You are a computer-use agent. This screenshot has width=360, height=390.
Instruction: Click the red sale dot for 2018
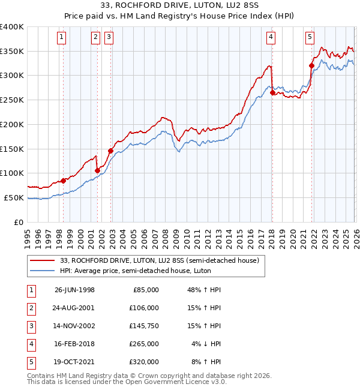[272, 92]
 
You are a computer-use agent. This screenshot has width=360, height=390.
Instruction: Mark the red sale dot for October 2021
[311, 65]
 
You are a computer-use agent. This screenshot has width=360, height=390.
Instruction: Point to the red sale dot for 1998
[63, 181]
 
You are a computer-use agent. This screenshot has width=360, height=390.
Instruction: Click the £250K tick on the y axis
[12, 100]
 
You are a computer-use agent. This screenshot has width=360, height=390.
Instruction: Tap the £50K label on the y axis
[14, 197]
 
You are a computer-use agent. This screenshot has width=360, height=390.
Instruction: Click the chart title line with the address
[179, 7]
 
